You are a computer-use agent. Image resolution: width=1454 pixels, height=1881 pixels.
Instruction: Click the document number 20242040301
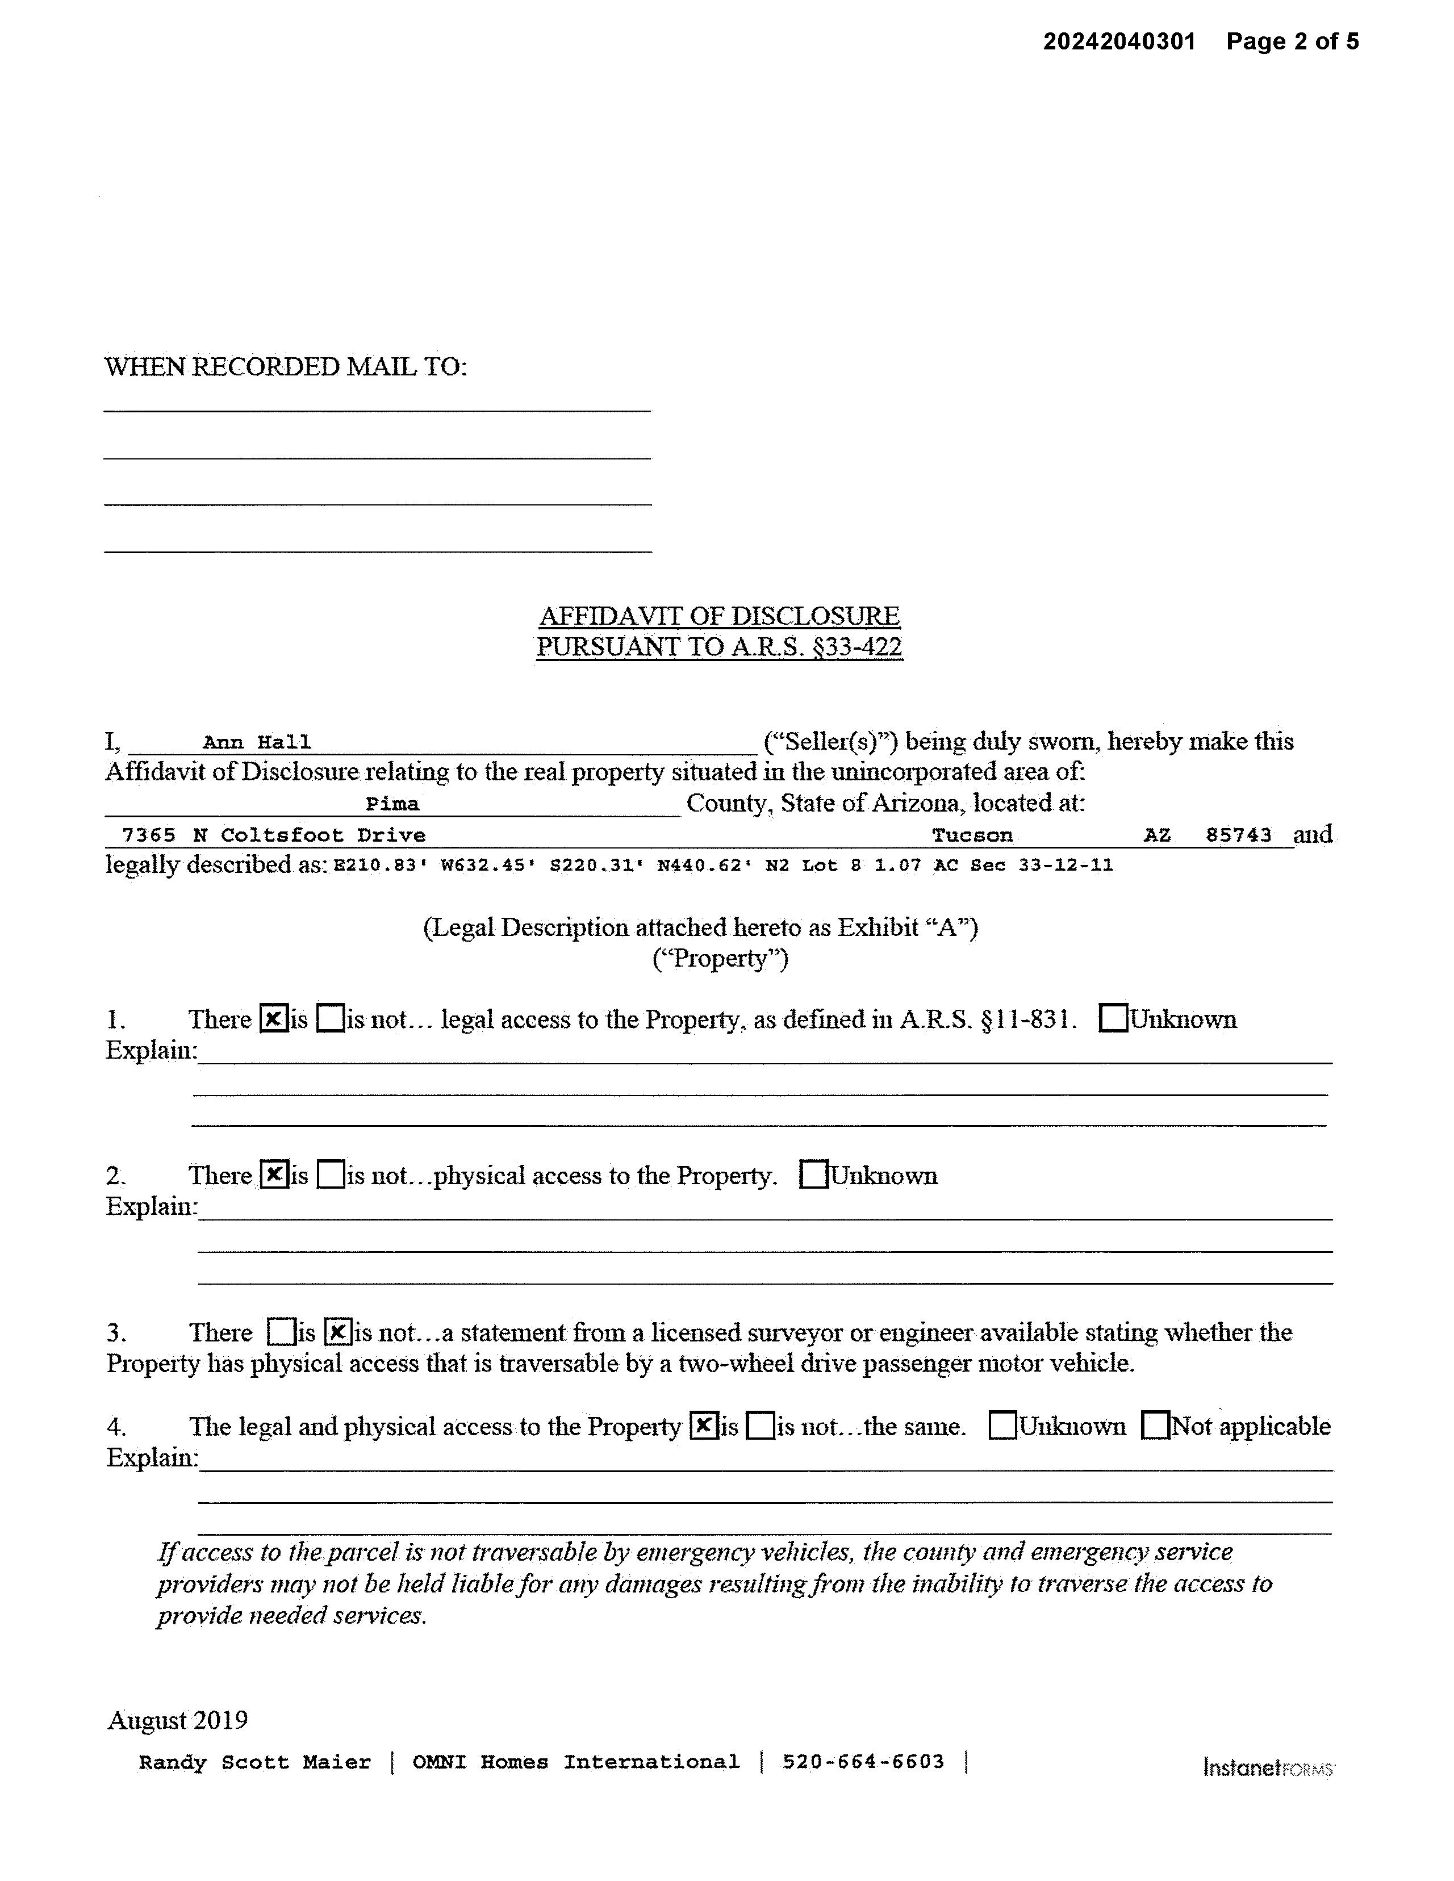point(1119,41)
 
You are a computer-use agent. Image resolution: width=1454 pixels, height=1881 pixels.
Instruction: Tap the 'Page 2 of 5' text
point(1292,41)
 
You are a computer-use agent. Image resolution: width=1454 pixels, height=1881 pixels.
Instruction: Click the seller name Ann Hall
point(257,742)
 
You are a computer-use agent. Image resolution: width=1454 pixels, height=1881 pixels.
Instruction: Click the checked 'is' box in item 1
point(273,1019)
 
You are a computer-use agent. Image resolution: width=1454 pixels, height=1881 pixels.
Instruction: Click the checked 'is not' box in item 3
point(339,1332)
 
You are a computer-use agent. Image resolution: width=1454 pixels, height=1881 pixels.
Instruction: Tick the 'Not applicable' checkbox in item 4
point(1155,1426)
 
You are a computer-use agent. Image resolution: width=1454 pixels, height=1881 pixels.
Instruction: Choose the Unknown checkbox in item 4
point(1002,1426)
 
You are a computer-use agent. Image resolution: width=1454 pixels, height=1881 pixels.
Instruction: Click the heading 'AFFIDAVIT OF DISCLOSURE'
point(719,616)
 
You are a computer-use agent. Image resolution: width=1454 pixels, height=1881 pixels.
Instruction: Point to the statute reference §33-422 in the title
point(852,647)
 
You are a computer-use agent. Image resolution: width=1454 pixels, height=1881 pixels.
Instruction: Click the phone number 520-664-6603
point(863,1762)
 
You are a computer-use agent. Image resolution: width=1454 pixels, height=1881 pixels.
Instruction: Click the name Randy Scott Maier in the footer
point(255,1762)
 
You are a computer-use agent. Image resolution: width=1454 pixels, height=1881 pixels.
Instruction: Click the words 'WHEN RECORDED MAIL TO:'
point(285,367)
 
